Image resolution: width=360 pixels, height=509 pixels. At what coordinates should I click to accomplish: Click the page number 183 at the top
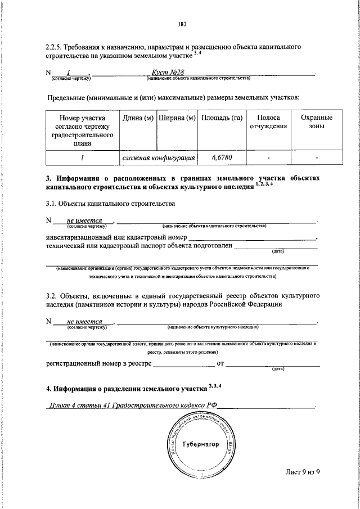[x=181, y=24]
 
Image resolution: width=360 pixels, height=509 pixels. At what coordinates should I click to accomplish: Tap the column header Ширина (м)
[x=177, y=118]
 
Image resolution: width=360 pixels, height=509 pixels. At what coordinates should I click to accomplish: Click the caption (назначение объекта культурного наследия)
[x=213, y=327]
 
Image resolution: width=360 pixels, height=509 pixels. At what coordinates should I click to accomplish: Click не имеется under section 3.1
[x=83, y=221]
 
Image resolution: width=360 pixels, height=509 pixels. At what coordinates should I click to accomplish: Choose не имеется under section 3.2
[x=83, y=322]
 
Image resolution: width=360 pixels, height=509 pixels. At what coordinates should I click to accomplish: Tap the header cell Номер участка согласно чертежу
[x=82, y=130]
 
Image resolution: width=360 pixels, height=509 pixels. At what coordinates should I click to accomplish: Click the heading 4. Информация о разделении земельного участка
[x=127, y=388]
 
